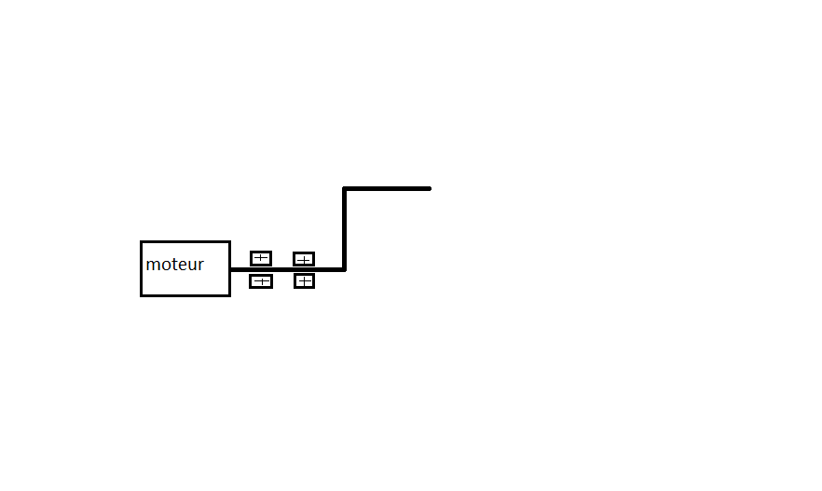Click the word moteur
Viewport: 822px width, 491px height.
click(175, 265)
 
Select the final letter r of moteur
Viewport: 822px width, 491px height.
click(200, 266)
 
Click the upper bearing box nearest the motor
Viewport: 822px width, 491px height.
click(261, 258)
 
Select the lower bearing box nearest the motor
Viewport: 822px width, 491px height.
click(261, 281)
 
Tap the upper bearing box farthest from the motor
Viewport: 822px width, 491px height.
click(304, 259)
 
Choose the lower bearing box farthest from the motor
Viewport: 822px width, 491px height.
click(304, 280)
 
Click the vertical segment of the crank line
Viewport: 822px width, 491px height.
click(345, 228)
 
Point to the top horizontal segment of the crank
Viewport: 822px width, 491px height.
click(387, 188)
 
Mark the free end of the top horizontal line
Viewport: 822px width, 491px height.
click(429, 188)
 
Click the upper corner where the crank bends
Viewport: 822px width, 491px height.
click(345, 188)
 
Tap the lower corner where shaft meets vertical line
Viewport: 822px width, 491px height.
click(345, 269)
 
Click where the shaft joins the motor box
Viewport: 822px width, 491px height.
click(231, 269)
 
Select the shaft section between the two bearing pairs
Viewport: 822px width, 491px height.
click(282, 269)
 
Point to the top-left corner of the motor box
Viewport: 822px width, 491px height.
click(142, 242)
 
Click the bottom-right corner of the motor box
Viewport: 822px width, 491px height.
click(229, 295)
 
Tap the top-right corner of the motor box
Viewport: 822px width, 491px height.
click(229, 242)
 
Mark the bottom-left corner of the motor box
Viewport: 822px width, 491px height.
click(142, 295)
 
